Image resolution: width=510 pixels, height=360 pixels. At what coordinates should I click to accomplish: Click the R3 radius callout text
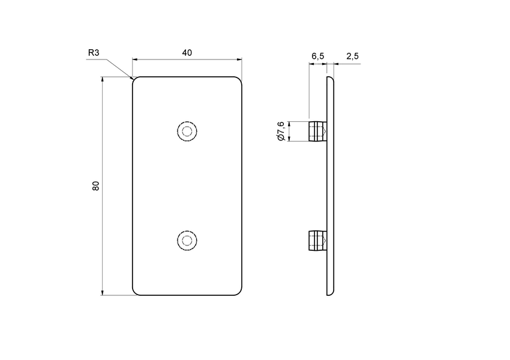coord(93,53)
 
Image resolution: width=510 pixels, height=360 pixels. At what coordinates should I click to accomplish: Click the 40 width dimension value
coord(187,53)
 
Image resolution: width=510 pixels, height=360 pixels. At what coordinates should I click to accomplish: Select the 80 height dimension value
coord(95,185)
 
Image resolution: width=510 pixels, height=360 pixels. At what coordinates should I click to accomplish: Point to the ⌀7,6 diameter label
coord(280,131)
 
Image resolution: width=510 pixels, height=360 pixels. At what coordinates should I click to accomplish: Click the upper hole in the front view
coord(188,131)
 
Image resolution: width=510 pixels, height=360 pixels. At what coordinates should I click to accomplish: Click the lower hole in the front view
coord(188,241)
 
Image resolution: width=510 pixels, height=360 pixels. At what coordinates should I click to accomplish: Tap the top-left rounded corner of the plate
coord(134,79)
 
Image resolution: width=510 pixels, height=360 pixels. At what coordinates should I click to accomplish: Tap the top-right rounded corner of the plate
coord(241,79)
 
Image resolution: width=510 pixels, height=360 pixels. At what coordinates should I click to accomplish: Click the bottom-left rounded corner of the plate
coord(134,293)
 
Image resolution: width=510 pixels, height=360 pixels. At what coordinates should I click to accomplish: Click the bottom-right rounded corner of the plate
coord(241,293)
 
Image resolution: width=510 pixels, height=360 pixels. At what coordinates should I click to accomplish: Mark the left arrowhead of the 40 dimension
coord(135,59)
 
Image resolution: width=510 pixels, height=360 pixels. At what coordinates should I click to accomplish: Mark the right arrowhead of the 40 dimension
coord(239,59)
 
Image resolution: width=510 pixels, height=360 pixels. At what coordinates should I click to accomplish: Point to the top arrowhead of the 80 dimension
coord(103,79)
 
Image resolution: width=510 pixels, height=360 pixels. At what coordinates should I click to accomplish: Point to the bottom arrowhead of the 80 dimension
coord(103,292)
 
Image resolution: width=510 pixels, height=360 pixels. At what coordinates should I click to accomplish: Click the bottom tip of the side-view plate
coord(329,295)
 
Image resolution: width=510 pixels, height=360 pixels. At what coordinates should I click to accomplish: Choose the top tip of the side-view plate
coord(329,77)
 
